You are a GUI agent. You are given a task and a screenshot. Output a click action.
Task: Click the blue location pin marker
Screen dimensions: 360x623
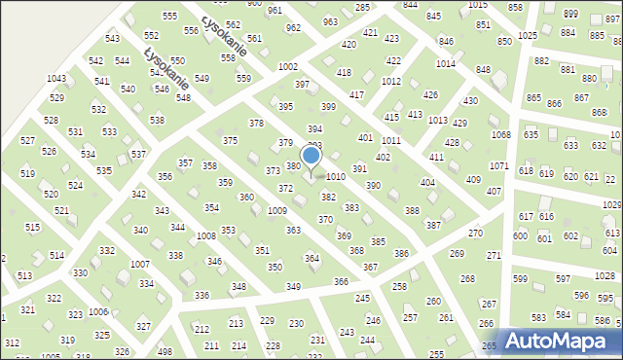[311, 157]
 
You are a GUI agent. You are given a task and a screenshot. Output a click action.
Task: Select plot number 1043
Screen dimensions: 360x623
[56, 78]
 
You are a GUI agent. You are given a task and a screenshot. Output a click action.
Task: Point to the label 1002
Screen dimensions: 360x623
[287, 66]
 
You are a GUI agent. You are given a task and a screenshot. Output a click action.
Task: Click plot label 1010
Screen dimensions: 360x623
[336, 177]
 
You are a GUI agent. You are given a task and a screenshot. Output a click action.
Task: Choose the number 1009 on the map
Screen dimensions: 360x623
[276, 210]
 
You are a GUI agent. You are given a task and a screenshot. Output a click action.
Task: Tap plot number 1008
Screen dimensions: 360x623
[205, 236]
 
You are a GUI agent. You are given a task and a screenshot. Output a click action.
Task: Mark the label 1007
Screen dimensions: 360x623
[139, 265]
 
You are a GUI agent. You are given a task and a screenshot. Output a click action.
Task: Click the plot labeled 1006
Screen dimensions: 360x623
[97, 311]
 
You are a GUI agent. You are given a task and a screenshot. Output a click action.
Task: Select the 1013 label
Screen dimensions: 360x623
[437, 120]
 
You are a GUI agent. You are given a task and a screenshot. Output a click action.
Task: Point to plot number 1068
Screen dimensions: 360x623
[500, 134]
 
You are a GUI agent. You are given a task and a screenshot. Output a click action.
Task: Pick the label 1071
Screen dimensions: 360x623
[498, 166]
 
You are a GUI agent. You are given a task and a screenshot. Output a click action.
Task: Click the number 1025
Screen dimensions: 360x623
[528, 35]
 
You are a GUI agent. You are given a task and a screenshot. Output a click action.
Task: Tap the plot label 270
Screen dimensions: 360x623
[475, 234]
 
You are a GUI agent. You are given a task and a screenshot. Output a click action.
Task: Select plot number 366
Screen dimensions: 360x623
[341, 281]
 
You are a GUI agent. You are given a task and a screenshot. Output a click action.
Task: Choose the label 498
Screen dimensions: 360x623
[165, 351]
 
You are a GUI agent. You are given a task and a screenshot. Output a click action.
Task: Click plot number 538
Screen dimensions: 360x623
[157, 120]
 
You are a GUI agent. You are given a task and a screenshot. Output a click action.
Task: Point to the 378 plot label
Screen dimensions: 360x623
[256, 124]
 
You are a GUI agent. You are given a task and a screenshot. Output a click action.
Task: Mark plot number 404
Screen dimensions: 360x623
[426, 183]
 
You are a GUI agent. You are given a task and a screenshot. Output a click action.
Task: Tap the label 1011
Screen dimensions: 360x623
[391, 141]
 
